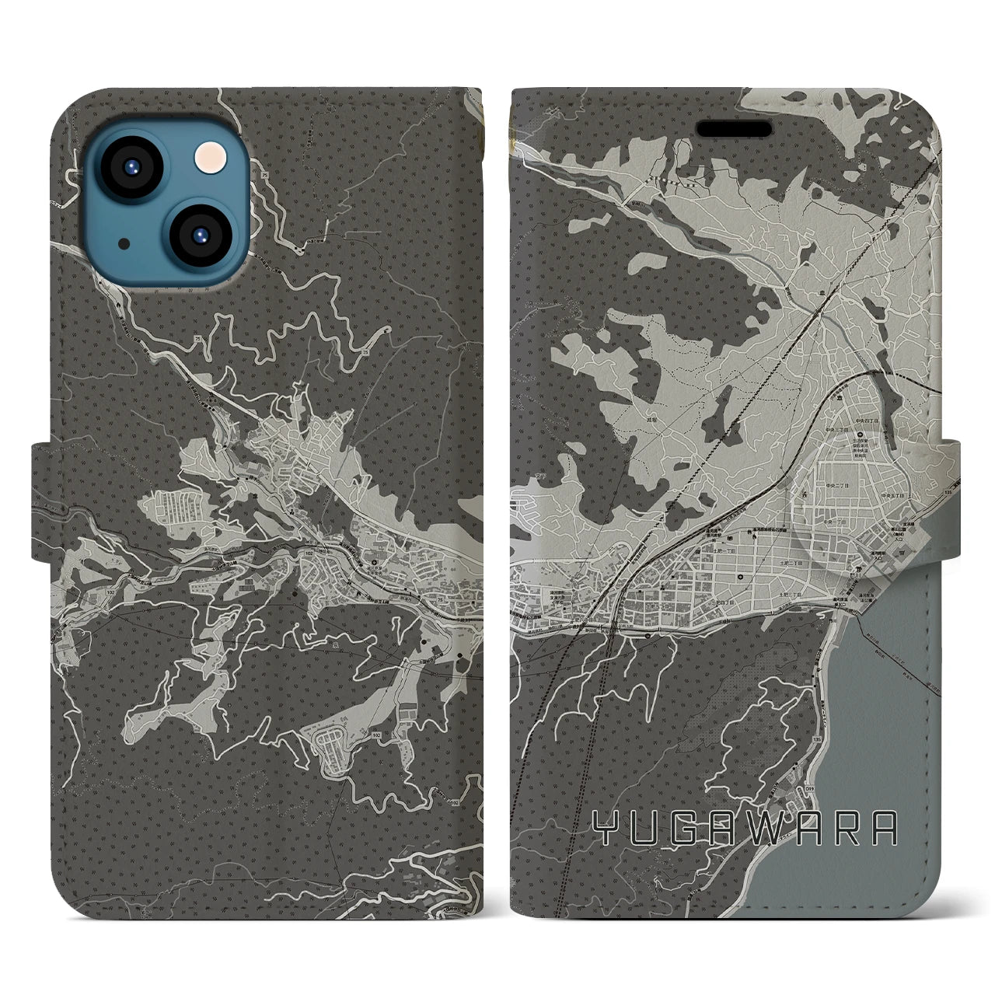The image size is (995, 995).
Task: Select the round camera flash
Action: coord(208,161)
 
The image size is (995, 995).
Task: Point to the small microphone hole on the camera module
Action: coord(124,243)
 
